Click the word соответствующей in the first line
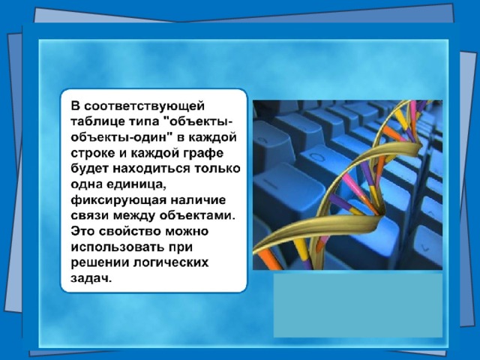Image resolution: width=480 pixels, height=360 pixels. [x=144, y=106]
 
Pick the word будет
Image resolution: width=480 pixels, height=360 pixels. [x=90, y=169]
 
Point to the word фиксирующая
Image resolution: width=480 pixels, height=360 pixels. [x=118, y=200]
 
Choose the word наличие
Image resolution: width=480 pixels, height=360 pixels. [x=198, y=200]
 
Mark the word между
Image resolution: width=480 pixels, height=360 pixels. [x=135, y=216]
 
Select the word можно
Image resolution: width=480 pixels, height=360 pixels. [x=187, y=232]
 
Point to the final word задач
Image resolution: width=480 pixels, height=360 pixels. [x=90, y=279]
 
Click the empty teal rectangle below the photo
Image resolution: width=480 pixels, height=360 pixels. [x=358, y=305]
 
